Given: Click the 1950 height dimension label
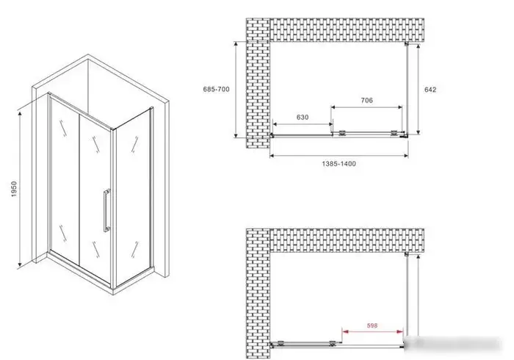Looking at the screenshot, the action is (x=14, y=189).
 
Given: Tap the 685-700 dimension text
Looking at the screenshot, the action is (x=216, y=89).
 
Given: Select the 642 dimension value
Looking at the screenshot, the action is (x=430, y=90).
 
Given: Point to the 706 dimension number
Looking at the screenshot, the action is (x=367, y=101).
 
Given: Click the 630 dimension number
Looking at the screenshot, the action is (x=303, y=118).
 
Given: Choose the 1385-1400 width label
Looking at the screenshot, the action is (x=339, y=164).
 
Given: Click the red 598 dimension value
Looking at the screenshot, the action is (x=372, y=325).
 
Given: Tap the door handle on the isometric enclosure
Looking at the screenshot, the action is (x=106, y=211).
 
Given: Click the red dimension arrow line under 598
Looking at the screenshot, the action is (x=373, y=331).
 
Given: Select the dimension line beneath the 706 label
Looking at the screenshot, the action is (x=366, y=107).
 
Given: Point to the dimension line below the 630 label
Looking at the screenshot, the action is (x=303, y=124).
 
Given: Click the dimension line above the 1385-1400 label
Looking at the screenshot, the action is (x=339, y=156).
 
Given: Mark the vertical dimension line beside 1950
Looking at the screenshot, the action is (x=20, y=189).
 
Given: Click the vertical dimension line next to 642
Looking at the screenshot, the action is (x=419, y=89).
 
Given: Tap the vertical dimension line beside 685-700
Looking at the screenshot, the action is (x=236, y=90).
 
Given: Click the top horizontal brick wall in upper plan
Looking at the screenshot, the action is (x=347, y=30).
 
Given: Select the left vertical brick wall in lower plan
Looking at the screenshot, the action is (x=258, y=293).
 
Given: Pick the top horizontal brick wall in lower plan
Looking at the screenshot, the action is (x=347, y=241).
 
